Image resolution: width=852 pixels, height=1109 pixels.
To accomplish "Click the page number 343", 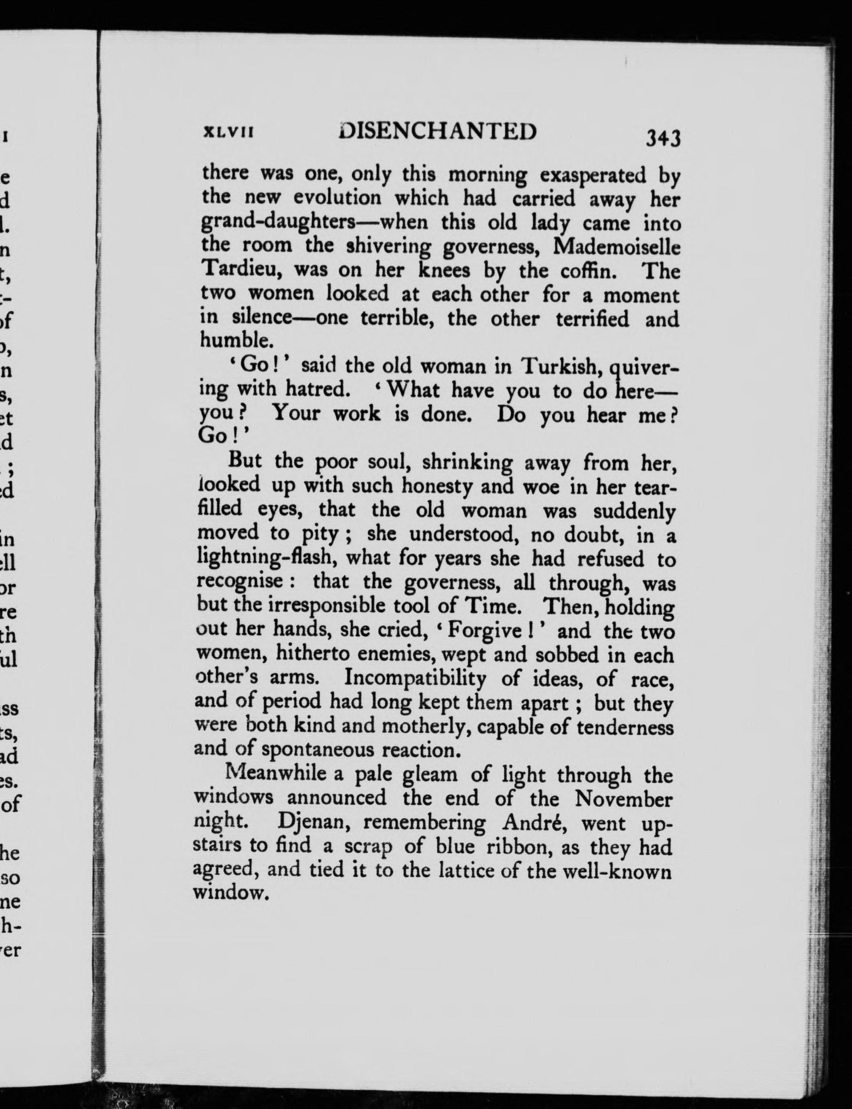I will (x=662, y=138).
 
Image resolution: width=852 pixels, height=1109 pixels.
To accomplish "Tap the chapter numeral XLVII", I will (x=228, y=133).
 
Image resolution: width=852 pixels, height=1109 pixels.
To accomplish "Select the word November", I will (x=623, y=799).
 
